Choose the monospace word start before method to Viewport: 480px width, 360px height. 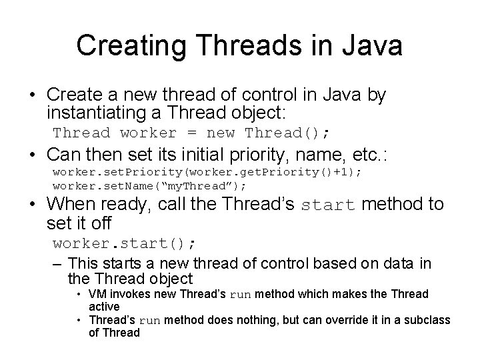click(x=328, y=205)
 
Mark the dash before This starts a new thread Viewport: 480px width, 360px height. click(x=58, y=263)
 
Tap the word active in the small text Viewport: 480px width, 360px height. click(x=104, y=306)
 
